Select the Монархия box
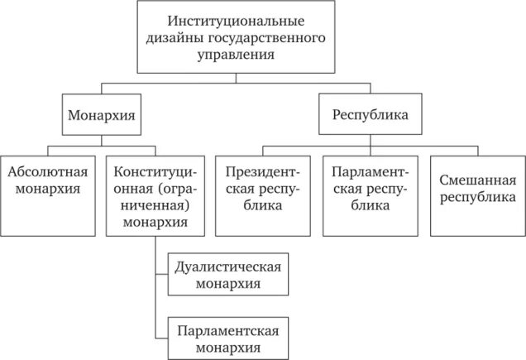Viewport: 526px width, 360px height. pyautogui.click(x=100, y=116)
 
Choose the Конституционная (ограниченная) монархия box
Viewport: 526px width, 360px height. pyautogui.click(x=155, y=194)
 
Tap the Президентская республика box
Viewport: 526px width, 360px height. pyautogui.click(x=262, y=194)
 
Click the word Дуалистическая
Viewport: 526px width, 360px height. pyautogui.click(x=227, y=266)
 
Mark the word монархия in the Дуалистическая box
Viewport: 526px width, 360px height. pyautogui.click(x=227, y=283)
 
